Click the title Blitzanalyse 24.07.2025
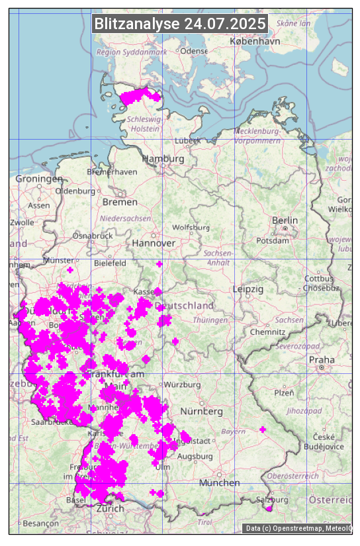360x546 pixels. coord(180,24)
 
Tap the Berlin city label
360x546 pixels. coord(285,220)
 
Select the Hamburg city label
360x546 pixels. coord(163,159)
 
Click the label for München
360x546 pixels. coord(220,483)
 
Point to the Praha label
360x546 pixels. coord(322,360)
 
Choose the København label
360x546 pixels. coord(255,41)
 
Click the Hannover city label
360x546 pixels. coord(154,243)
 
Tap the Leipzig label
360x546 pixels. coord(248,289)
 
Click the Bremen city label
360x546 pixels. coord(120,201)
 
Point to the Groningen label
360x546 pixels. coord(39,179)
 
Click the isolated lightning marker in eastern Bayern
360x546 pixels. coord(263,430)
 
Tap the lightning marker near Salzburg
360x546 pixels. coord(269,508)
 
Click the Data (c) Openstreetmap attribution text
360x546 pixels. coord(297,528)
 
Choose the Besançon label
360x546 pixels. coord(40,523)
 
